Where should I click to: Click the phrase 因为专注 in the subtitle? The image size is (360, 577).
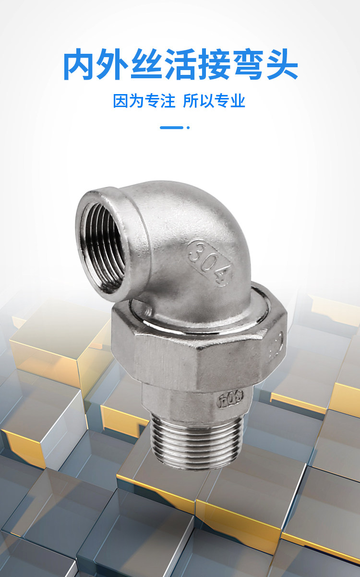pyautogui.click(x=144, y=101)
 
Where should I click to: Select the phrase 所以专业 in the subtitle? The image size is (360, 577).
pyautogui.click(x=214, y=101)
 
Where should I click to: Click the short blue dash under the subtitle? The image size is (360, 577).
pyautogui.click(x=171, y=128)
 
